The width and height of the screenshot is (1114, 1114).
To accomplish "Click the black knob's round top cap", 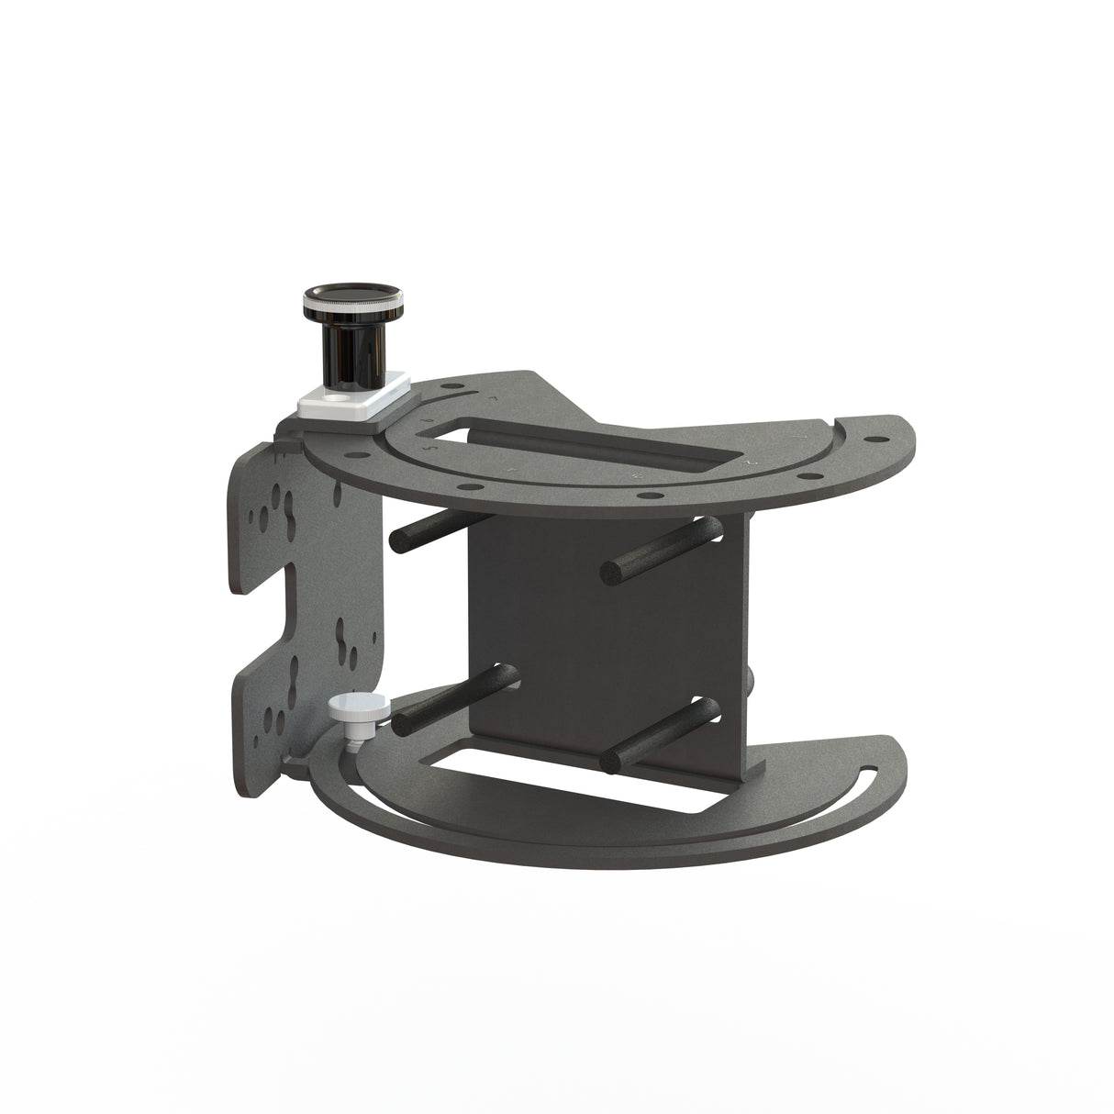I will [352, 296].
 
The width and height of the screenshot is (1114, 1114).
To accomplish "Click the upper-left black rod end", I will [398, 540].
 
